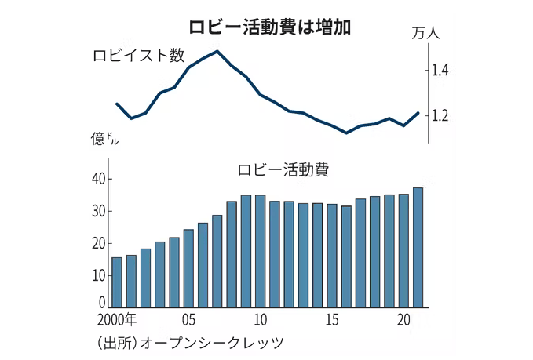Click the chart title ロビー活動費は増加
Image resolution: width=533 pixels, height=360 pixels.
267,25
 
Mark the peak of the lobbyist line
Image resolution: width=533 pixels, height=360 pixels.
217,52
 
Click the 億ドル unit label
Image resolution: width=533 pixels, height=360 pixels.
106,140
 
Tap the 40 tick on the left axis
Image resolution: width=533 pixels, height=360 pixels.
97,179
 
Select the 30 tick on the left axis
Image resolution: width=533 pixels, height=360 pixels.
97,211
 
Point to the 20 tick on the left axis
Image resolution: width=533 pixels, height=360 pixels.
97,243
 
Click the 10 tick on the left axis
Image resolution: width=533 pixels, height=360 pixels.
97,275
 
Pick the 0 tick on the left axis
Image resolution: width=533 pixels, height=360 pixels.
101,302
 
